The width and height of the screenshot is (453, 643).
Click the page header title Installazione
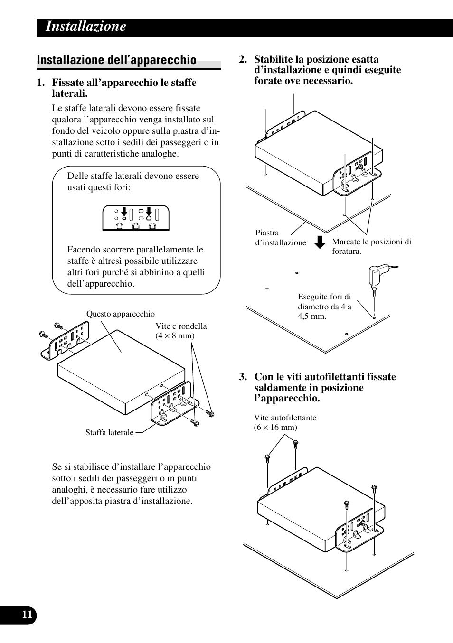[86, 27]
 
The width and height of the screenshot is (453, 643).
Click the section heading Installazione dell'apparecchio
[116, 60]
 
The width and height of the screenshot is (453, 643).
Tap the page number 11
[27, 615]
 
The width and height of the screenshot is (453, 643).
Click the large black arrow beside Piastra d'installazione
[321, 242]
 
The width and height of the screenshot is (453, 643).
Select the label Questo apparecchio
[121, 314]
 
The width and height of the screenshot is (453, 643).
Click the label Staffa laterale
[109, 433]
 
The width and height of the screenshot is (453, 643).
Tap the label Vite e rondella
[181, 326]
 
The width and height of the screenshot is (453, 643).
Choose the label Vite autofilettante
[285, 418]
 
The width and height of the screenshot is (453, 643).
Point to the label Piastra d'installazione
[280, 238]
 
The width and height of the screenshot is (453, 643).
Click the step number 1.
[41, 83]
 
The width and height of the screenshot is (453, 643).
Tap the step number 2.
[243, 60]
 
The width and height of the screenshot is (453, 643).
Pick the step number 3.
[243, 377]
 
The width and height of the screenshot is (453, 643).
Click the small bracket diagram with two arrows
[136, 218]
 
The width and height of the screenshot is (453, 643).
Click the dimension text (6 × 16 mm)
[275, 428]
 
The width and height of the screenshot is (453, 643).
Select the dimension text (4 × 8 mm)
[175, 336]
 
